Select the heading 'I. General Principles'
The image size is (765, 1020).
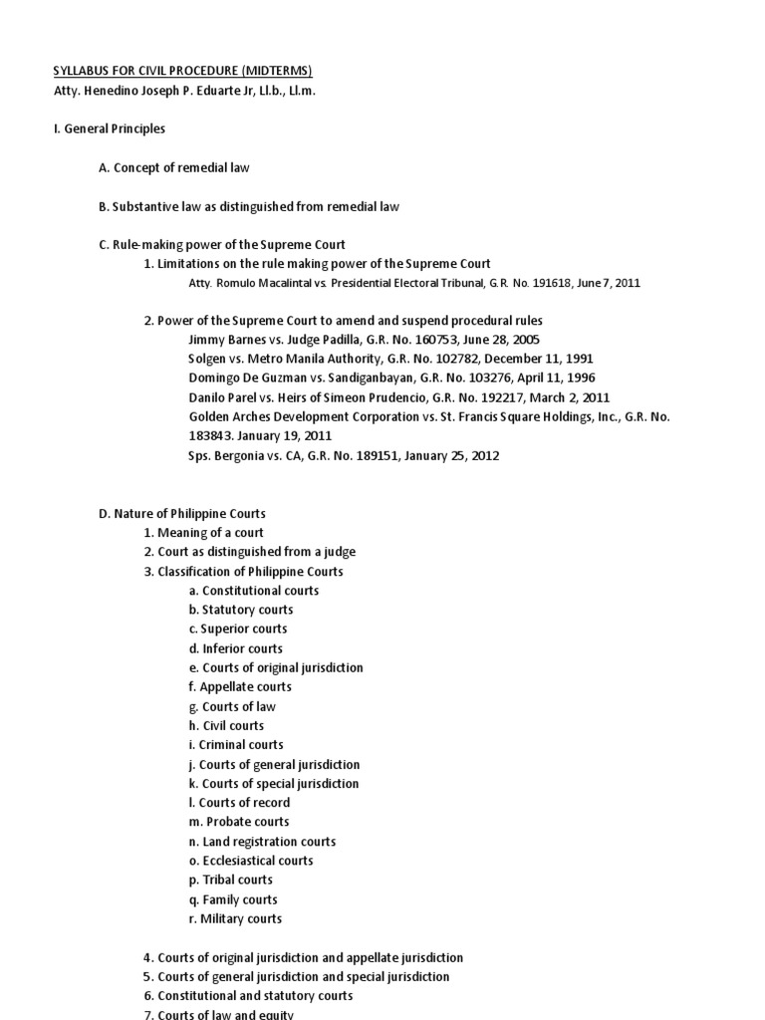[109, 129]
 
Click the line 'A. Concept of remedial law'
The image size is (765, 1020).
[173, 168]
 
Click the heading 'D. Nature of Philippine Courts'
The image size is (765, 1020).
[181, 514]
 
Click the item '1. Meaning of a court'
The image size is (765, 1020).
[203, 533]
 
